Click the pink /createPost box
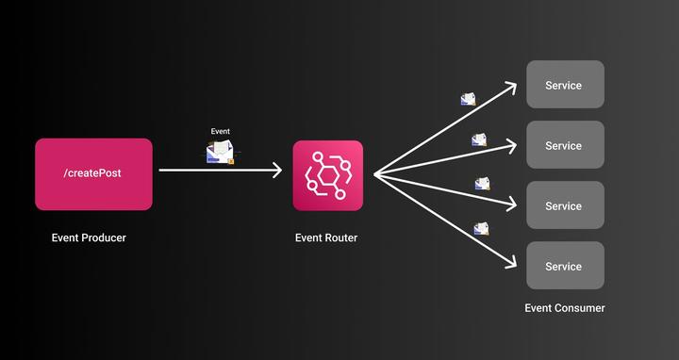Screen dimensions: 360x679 (x=93, y=173)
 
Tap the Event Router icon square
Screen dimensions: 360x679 (x=327, y=174)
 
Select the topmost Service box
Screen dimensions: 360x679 (x=564, y=85)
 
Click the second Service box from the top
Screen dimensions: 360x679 (x=564, y=145)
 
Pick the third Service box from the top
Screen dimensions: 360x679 (x=564, y=205)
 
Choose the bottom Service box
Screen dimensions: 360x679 (x=564, y=266)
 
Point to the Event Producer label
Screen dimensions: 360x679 (x=89, y=237)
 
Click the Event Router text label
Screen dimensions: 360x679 (x=326, y=237)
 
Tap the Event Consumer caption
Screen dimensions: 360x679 (x=565, y=308)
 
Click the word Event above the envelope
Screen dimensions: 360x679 (x=220, y=132)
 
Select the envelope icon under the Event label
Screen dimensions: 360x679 (x=220, y=152)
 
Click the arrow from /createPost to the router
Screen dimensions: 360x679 (x=217, y=171)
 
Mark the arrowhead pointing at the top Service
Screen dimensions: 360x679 (x=512, y=86)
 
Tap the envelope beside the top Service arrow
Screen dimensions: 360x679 (x=469, y=99)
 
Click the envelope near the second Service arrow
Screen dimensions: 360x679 (x=480, y=139)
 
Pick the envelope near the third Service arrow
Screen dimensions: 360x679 (x=483, y=184)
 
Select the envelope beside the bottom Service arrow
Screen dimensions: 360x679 (x=481, y=228)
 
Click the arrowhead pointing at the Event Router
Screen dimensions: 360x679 (x=277, y=171)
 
